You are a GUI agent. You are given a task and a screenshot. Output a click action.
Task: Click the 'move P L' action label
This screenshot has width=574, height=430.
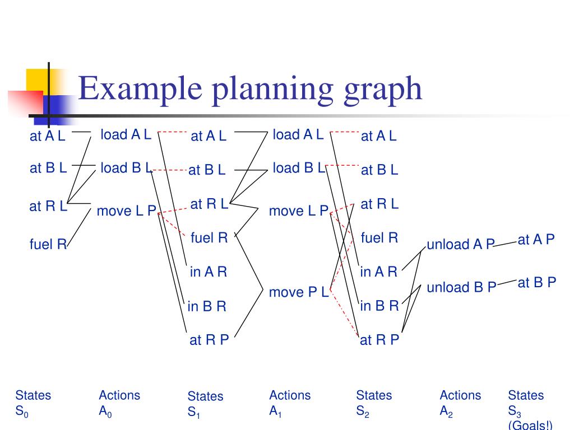point(298,292)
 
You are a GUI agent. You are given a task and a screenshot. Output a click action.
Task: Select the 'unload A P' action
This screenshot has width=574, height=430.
point(461,244)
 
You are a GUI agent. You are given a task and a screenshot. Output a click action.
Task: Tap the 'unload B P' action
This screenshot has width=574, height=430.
point(461,287)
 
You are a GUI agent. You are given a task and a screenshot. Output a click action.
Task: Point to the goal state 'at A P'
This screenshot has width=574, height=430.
point(536,240)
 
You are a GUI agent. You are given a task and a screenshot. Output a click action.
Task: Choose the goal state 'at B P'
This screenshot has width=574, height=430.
point(536,283)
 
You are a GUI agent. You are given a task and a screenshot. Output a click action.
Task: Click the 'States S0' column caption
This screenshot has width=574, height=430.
point(33,403)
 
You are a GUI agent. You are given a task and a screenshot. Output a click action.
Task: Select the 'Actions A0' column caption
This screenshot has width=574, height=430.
point(119,403)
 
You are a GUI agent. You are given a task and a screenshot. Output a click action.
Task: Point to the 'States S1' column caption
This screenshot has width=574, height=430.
point(205,404)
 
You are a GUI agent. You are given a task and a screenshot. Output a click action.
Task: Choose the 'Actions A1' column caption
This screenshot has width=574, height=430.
point(289,403)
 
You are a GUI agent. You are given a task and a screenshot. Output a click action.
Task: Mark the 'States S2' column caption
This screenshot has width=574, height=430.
point(373,404)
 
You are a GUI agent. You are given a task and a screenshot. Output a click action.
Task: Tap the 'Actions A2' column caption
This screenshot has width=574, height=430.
point(460,404)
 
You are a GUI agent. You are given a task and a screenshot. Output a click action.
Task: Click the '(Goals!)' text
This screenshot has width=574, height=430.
point(530,426)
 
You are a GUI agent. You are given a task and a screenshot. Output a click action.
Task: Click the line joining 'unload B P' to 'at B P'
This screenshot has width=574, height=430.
point(507,284)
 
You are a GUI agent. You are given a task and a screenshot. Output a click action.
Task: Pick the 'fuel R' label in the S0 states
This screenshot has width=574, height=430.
point(48,244)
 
